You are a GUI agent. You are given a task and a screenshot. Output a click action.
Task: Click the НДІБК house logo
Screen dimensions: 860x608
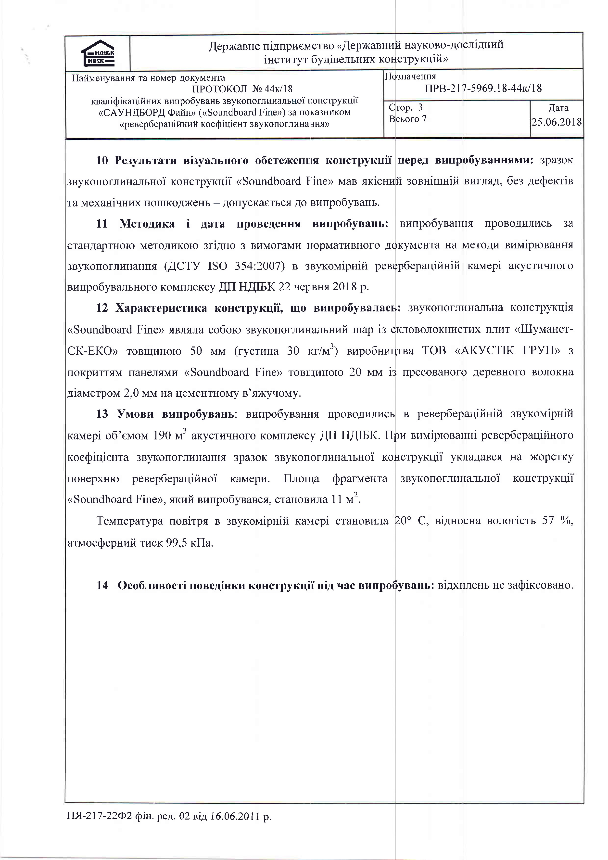[x=98, y=53]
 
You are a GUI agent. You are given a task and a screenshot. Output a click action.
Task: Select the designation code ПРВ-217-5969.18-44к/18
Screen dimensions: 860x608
[x=483, y=88]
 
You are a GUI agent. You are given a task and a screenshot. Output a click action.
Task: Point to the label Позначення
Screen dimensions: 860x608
[x=411, y=77]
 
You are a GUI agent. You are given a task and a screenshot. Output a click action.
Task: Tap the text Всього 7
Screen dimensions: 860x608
[x=408, y=119]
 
